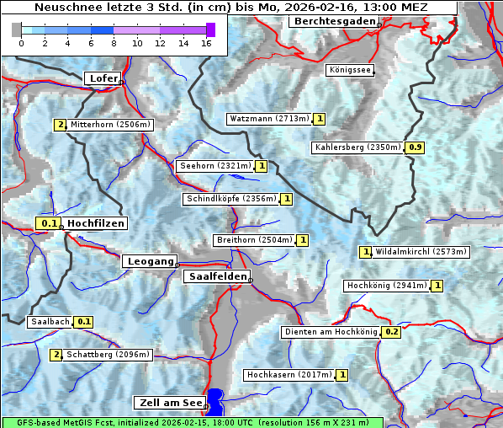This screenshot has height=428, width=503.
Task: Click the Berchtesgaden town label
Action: (x=333, y=21)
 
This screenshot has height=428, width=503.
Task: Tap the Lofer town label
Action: (x=103, y=78)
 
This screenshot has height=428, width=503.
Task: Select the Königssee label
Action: (x=350, y=71)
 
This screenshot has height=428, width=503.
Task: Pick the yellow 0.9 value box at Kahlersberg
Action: (x=415, y=147)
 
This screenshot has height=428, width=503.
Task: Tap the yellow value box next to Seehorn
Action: (x=262, y=166)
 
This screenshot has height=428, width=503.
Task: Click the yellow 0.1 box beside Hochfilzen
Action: (x=50, y=223)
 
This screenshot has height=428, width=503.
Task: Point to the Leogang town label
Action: (x=151, y=261)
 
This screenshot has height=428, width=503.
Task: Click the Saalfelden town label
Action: (x=217, y=276)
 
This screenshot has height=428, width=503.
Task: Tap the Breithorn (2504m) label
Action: (x=254, y=240)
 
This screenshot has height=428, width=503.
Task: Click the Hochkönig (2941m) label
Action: (x=387, y=286)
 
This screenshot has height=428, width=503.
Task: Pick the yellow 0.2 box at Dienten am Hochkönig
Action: (x=391, y=332)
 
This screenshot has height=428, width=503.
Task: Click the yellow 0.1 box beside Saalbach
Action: (x=83, y=322)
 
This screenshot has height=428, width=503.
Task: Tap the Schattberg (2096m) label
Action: (x=109, y=355)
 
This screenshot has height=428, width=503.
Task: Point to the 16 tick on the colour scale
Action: (x=206, y=43)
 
